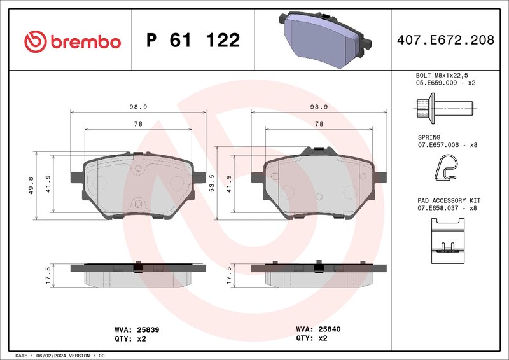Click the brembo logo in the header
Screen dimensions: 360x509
[x=72, y=41]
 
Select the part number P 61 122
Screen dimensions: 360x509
[x=193, y=41]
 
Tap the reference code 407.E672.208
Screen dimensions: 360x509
[x=445, y=41]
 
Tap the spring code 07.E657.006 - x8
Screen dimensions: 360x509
[x=447, y=145]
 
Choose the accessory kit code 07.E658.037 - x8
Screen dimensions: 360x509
[x=447, y=208]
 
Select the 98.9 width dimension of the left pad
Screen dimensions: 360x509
[x=137, y=107]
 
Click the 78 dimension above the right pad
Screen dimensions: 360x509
[x=319, y=123]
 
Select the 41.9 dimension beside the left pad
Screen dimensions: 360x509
[x=48, y=183]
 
